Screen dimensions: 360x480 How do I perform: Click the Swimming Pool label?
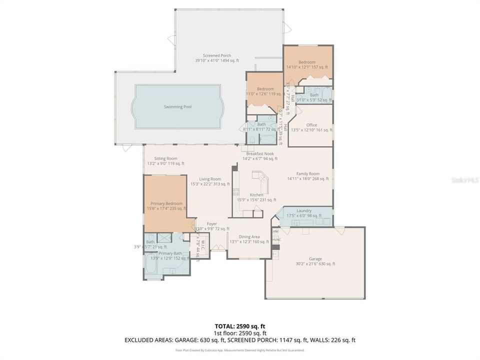pos(177,106)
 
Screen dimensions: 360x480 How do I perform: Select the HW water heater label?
pos(275,231)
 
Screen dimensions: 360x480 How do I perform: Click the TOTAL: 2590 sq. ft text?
pos(240,326)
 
